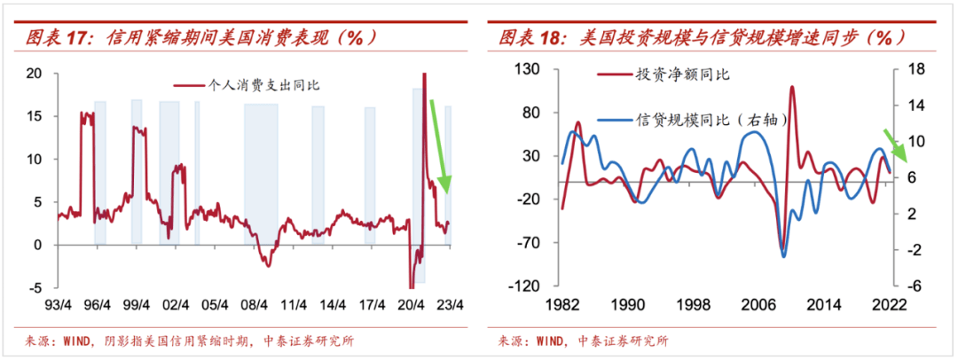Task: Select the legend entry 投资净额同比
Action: tap(682, 74)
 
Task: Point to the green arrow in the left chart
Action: tap(440, 146)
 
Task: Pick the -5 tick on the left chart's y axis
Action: tap(35, 288)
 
